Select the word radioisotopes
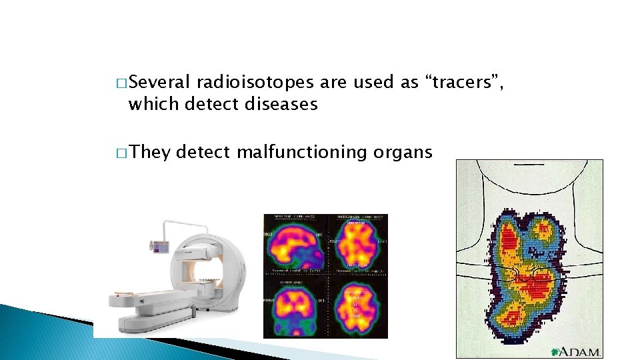click(x=255, y=83)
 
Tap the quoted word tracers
click(x=465, y=83)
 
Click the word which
click(x=154, y=104)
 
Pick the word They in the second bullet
click(x=150, y=153)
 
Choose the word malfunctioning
click(x=291, y=153)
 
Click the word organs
click(x=403, y=153)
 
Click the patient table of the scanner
click(x=160, y=293)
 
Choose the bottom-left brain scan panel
click(x=295, y=305)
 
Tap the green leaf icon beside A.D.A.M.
click(x=555, y=351)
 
